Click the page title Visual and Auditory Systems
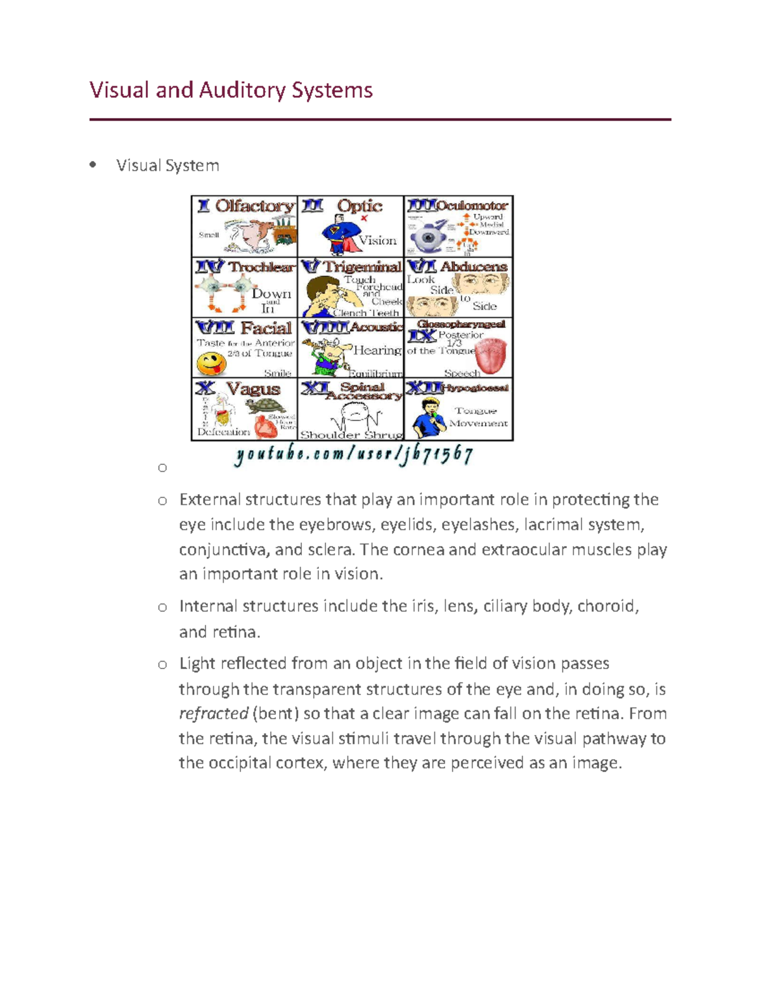(x=231, y=90)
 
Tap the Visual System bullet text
(x=167, y=166)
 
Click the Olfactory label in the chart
(x=255, y=206)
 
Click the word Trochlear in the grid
(x=261, y=267)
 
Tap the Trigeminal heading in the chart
(x=361, y=266)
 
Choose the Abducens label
(x=473, y=266)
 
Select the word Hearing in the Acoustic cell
(x=377, y=350)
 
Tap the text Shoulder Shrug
(x=351, y=435)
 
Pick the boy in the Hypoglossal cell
(x=426, y=417)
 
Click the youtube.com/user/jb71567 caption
(x=353, y=455)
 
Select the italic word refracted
(x=213, y=714)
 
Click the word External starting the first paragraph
(x=209, y=500)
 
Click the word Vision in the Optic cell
(x=377, y=240)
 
